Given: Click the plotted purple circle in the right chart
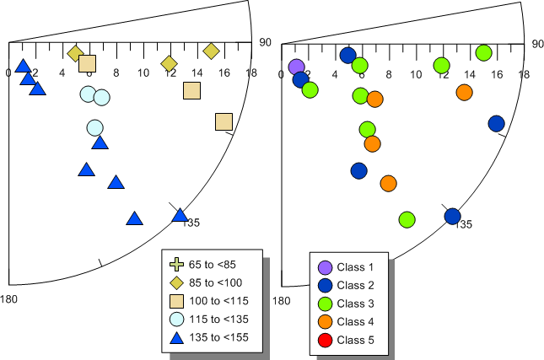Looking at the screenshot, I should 295,67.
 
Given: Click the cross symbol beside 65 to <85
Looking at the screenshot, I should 177,265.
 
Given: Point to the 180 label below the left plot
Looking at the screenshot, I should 8,299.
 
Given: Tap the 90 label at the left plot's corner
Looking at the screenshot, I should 265,42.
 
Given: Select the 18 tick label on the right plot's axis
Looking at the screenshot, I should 524,74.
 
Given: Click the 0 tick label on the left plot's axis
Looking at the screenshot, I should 8,73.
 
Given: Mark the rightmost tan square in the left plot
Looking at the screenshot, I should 224,122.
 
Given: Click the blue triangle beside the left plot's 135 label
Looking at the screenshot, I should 180,215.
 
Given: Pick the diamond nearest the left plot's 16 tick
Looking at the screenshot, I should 212,52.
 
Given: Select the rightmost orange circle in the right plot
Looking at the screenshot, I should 464,93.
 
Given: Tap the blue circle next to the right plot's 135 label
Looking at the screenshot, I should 452,216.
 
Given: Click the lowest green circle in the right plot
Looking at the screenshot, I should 407,219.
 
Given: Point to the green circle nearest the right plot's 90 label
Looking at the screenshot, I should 483,53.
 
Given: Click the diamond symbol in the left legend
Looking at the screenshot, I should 177,282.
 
